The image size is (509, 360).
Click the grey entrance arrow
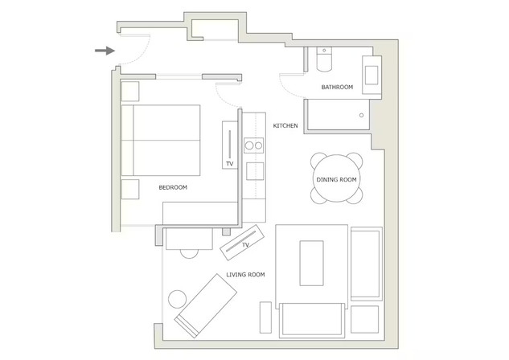coord(105,51)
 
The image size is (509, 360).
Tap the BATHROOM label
coord(337,87)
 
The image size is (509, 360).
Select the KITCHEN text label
coord(285,125)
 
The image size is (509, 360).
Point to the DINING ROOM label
coord(336,179)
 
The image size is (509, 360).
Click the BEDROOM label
coord(173,187)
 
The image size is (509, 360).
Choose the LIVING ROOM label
coord(245,274)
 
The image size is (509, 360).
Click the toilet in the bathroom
coord(324,59)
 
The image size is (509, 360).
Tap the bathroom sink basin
coord(371,75)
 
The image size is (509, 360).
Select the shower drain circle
coord(361,115)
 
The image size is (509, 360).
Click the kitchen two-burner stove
coord(254,145)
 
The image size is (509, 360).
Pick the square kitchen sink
coord(255,171)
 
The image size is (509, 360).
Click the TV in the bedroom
coord(230,145)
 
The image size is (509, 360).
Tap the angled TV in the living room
coord(242,242)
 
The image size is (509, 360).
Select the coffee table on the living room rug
coord(311,263)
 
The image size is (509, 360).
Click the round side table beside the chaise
coord(178,299)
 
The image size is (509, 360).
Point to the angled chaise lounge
coord(206,306)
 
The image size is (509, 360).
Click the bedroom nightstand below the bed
coord(130,189)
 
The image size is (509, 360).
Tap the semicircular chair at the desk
coord(189,254)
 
